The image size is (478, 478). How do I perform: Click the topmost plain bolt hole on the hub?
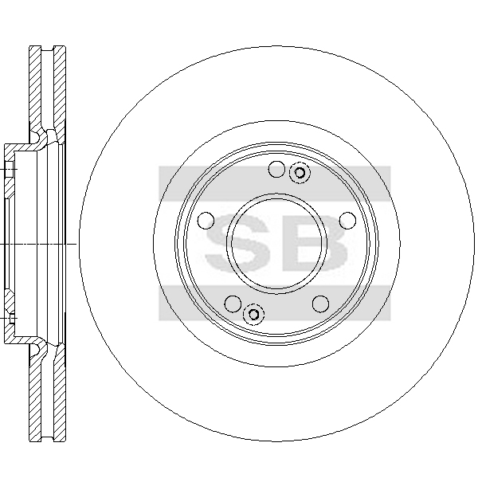tap(276, 169)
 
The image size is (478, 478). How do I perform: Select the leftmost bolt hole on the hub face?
tap(206, 221)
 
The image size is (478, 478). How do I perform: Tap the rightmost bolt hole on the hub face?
tap(347, 220)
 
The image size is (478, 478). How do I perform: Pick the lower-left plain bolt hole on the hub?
tap(233, 304)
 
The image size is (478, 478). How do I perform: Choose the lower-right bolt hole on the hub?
tap(321, 304)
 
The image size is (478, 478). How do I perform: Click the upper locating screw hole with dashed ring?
tap(300, 173)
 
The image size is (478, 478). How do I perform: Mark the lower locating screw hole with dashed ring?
tap(253, 314)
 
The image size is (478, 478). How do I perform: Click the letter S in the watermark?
tap(237, 243)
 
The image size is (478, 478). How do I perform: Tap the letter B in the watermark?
tap(315, 243)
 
